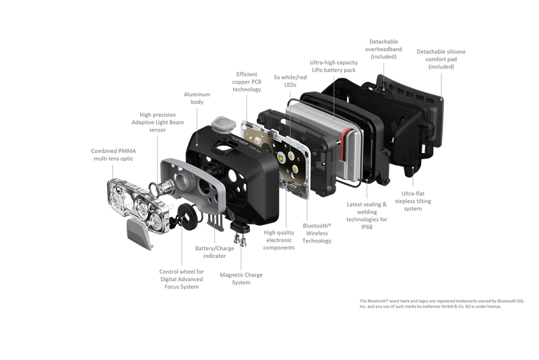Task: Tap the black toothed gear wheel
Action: (186, 218)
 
